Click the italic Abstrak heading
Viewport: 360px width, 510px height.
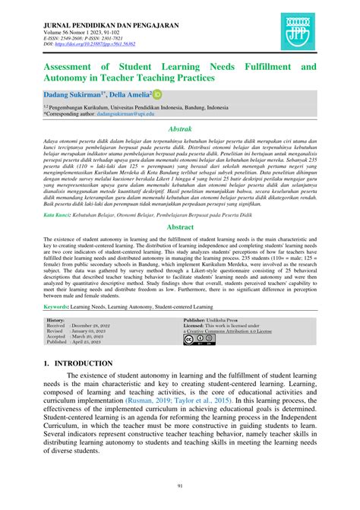point(179,130)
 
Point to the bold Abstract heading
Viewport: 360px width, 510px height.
point(179,227)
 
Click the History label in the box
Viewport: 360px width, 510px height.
point(55,321)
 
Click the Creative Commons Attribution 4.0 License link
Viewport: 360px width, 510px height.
point(229,331)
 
